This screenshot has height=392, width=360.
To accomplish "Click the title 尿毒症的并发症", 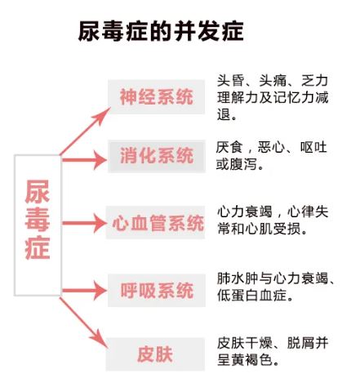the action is click(161, 31).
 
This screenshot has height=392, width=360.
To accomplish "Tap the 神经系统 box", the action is click(156, 96).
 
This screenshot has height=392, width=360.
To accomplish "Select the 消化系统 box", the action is click(157, 156).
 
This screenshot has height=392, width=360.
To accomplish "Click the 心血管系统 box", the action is click(155, 222).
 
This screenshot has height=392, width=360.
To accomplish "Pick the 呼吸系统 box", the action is click(157, 290).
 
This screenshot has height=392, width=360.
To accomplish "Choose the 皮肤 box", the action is click(155, 354).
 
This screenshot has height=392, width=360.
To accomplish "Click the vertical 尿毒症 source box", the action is click(38, 225).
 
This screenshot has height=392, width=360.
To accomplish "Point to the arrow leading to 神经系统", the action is click(85, 131).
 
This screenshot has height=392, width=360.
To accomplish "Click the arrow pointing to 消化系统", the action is click(84, 160).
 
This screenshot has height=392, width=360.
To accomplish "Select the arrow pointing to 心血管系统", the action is click(84, 223).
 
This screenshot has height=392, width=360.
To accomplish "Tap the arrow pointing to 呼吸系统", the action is click(84, 291).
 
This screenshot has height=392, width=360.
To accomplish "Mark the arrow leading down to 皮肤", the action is click(84, 323).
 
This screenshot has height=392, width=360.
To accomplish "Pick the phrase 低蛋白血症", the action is click(251, 295).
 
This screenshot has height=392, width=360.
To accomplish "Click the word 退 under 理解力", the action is click(224, 114).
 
